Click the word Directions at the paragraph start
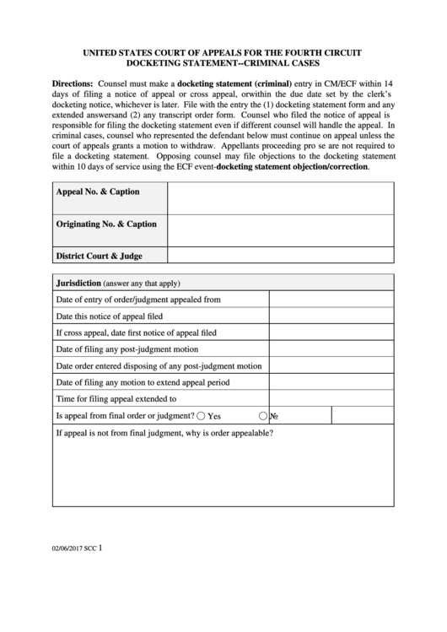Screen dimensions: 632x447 click(x=73, y=85)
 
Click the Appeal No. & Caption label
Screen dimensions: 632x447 click(x=98, y=192)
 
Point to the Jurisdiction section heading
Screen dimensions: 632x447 click(x=78, y=283)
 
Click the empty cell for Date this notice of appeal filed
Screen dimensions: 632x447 click(x=331, y=316)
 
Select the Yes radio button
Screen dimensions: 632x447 click(x=201, y=416)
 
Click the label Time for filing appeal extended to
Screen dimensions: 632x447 click(x=116, y=399)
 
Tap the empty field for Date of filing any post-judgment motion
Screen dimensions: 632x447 click(x=331, y=348)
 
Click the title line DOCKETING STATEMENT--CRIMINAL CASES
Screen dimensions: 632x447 click(x=223, y=63)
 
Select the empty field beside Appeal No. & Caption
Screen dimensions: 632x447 click(x=280, y=197)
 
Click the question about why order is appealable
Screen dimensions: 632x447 click(x=164, y=434)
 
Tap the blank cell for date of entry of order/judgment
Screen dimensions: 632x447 click(x=331, y=299)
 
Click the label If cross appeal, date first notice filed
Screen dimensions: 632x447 click(x=136, y=332)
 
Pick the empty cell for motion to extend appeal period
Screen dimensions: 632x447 click(x=331, y=382)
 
